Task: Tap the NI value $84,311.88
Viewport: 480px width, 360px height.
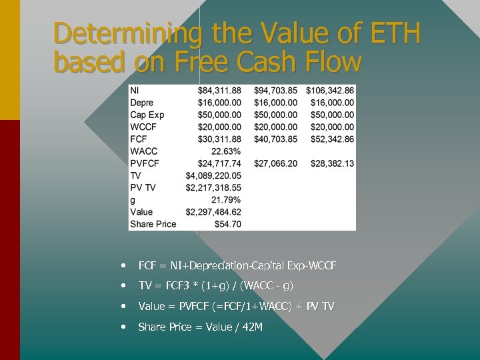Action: coord(219,91)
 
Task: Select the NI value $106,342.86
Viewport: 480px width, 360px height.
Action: coord(330,91)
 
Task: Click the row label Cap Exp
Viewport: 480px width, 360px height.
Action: coord(147,115)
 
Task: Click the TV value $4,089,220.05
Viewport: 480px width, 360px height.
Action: coord(213,175)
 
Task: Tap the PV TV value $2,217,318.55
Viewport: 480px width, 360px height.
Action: coord(213,187)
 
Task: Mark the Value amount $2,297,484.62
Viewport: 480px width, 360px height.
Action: coord(213,212)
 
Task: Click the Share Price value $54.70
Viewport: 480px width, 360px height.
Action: coord(228,224)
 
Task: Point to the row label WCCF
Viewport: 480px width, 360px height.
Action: coord(144,127)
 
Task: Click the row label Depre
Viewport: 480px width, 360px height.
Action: coord(141,103)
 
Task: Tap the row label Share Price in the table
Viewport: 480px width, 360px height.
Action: coord(153,224)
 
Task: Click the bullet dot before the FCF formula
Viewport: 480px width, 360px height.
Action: coord(125,265)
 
